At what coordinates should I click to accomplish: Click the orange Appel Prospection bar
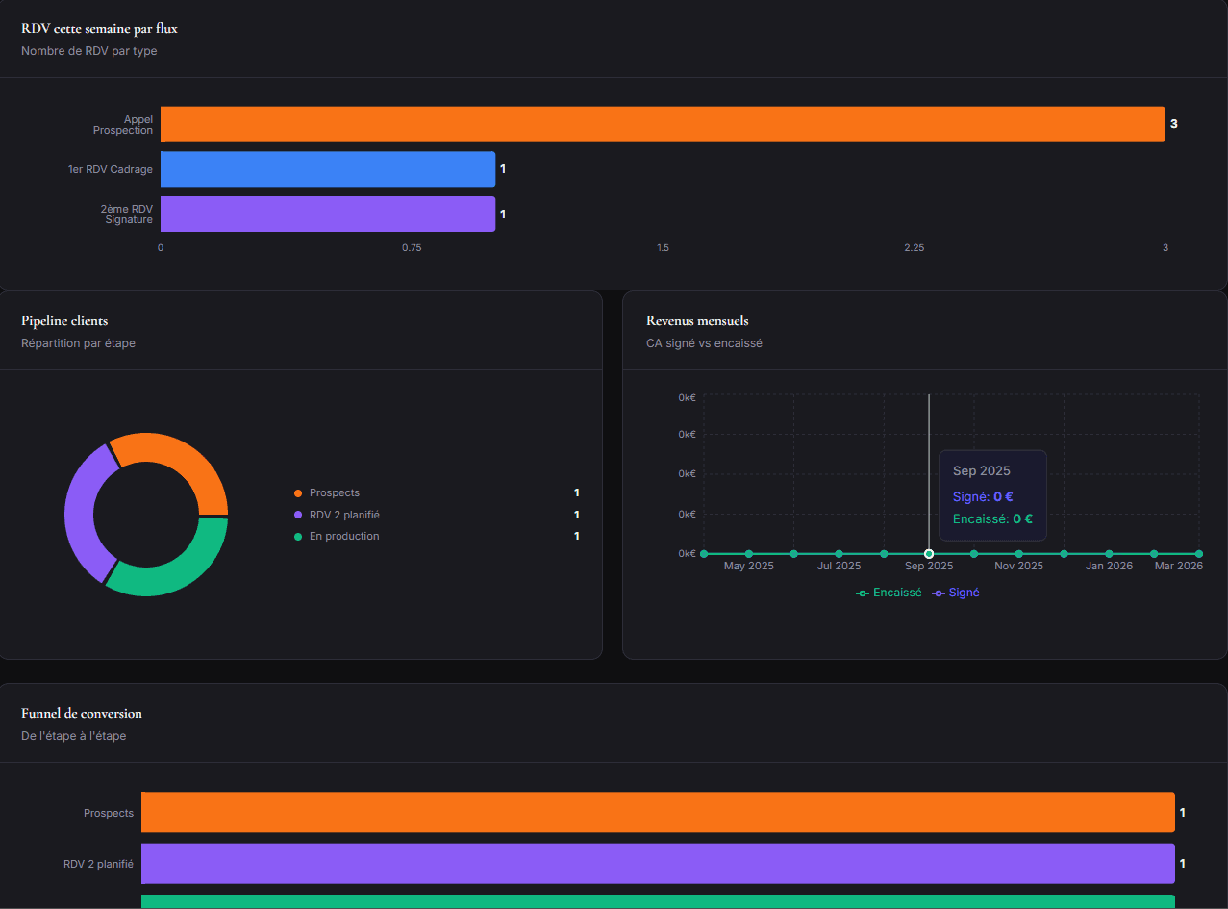click(663, 124)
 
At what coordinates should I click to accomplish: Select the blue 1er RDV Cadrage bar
click(328, 169)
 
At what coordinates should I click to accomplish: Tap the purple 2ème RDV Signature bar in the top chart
click(328, 214)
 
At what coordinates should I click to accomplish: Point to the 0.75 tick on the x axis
click(412, 248)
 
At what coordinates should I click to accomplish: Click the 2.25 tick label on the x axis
click(914, 248)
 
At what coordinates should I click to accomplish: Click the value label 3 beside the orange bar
click(1173, 124)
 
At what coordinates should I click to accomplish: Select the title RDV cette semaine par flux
click(99, 29)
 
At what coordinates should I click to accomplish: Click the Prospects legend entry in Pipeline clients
click(334, 492)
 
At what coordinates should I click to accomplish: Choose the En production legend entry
click(343, 536)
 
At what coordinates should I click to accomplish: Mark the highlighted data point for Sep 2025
click(929, 554)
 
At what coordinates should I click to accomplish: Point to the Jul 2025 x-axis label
click(839, 567)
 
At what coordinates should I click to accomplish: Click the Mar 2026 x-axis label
click(1178, 567)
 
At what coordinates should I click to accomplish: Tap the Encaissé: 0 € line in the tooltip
click(992, 518)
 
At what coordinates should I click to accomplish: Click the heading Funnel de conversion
click(82, 713)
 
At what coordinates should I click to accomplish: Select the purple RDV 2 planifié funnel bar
click(658, 863)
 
